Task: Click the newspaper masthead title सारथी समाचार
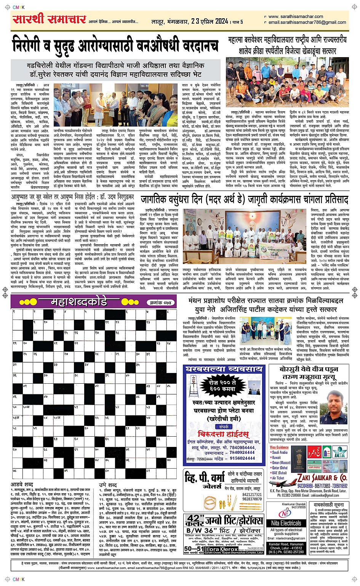click(x=48, y=19)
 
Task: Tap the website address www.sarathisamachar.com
click(x=296, y=17)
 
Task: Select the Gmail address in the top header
click(x=307, y=22)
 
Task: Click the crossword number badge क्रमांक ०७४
click(x=160, y=303)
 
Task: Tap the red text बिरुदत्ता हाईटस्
click(x=224, y=434)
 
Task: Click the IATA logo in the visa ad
click(x=339, y=453)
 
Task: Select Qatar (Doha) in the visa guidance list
click(x=280, y=468)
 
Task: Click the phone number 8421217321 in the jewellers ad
click(x=252, y=495)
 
